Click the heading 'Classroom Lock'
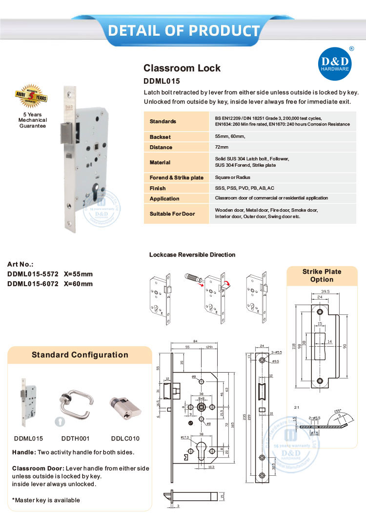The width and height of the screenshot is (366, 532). pos(182,68)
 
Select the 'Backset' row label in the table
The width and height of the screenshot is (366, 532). pos(160,137)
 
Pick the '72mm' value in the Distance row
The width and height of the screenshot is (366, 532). pos(222,147)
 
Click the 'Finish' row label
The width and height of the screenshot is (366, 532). pos(158,188)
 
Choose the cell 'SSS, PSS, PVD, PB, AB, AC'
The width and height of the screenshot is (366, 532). pos(244,188)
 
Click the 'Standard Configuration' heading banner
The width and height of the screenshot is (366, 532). pos(80,355)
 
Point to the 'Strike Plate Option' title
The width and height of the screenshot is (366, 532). pos(322,275)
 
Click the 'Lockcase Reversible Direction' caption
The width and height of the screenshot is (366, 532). pos(192,255)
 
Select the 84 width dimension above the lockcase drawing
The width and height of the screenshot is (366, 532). pos(194,341)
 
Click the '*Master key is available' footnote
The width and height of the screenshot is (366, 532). pos(46,500)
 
